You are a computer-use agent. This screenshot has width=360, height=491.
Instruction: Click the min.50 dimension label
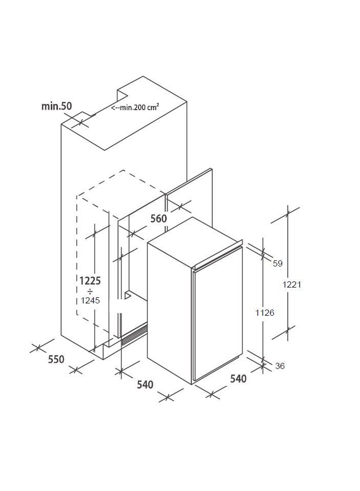[x=57, y=106]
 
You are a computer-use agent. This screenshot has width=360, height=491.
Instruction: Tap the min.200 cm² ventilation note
[x=135, y=108]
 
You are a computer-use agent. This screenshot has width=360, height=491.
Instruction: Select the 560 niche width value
[x=158, y=218]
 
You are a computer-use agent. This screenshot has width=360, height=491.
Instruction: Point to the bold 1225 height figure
[x=90, y=280]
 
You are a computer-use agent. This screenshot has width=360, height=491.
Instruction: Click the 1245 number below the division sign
[x=90, y=301]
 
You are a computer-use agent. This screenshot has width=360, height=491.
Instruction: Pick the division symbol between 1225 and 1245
[x=90, y=292]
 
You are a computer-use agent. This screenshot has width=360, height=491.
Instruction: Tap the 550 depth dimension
[x=56, y=359]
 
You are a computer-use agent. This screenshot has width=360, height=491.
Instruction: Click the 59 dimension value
[x=277, y=263]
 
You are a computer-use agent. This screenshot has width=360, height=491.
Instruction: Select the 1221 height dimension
[x=292, y=284]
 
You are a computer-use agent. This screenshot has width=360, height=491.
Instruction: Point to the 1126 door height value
[x=265, y=313]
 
